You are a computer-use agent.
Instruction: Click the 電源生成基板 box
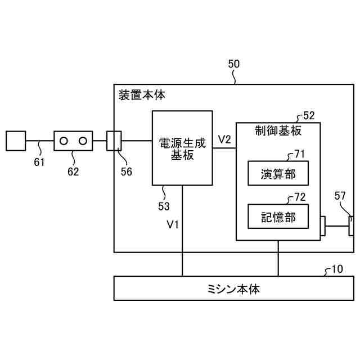tap(182, 148)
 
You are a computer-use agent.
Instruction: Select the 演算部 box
tap(278, 173)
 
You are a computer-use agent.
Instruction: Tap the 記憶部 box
tap(278, 217)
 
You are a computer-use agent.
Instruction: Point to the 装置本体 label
tap(142, 94)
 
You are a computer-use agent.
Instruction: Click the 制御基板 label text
tap(278, 130)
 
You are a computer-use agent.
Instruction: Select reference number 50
tap(233, 64)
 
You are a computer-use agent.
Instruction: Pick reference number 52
tap(309, 116)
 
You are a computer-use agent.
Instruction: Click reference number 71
tap(299, 154)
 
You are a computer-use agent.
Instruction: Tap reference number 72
tap(300, 197)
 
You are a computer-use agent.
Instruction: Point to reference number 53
tap(164, 206)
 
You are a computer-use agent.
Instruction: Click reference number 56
tap(127, 172)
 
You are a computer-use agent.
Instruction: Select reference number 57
tap(340, 196)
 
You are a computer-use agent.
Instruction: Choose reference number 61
tap(38, 163)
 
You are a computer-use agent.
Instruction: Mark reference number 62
tap(73, 172)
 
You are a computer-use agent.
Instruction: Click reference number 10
tap(336, 269)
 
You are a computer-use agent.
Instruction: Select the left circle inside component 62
tap(64, 141)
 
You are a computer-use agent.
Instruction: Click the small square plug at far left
tap(15, 141)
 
